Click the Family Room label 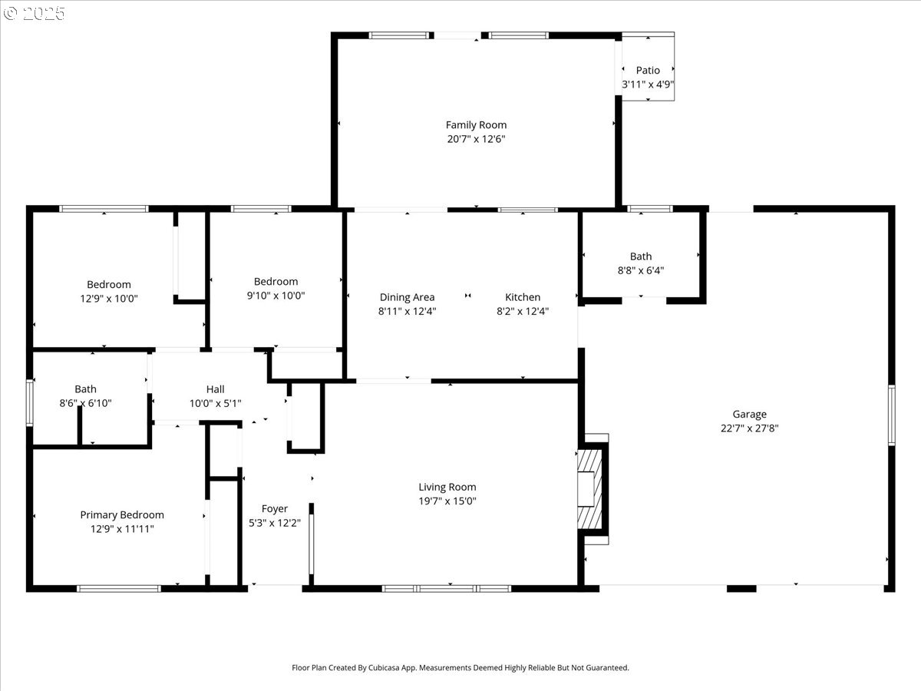point(476,125)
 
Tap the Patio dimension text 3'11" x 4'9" point(648,84)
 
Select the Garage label point(749,415)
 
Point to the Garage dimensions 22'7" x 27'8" point(749,428)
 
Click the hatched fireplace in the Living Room point(589,490)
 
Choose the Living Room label point(447,487)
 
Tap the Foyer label point(275,509)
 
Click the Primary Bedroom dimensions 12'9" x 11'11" point(122,529)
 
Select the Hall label point(215,389)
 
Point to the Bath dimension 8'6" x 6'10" point(86,403)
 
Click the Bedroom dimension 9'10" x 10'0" point(276,296)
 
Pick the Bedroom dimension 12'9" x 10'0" point(109,299)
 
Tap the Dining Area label point(407,297)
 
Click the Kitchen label point(523,297)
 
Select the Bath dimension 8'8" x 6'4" point(641,270)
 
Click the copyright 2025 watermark point(34,13)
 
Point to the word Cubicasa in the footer point(384,667)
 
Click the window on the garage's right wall point(892,415)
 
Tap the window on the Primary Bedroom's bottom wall point(119,589)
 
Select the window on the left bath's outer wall point(29,403)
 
